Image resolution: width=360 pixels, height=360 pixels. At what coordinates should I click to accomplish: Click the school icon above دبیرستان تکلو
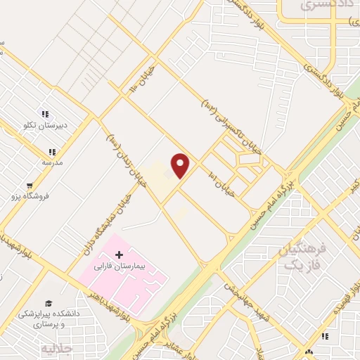tap(46, 114)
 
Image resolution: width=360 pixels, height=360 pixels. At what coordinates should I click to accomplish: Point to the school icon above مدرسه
tap(51, 151)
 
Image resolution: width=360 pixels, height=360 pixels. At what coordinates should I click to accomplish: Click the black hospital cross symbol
tap(118, 253)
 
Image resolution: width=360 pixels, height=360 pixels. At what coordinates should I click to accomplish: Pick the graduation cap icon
tap(49, 302)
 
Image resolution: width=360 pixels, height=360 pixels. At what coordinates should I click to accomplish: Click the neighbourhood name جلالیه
tap(57, 349)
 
